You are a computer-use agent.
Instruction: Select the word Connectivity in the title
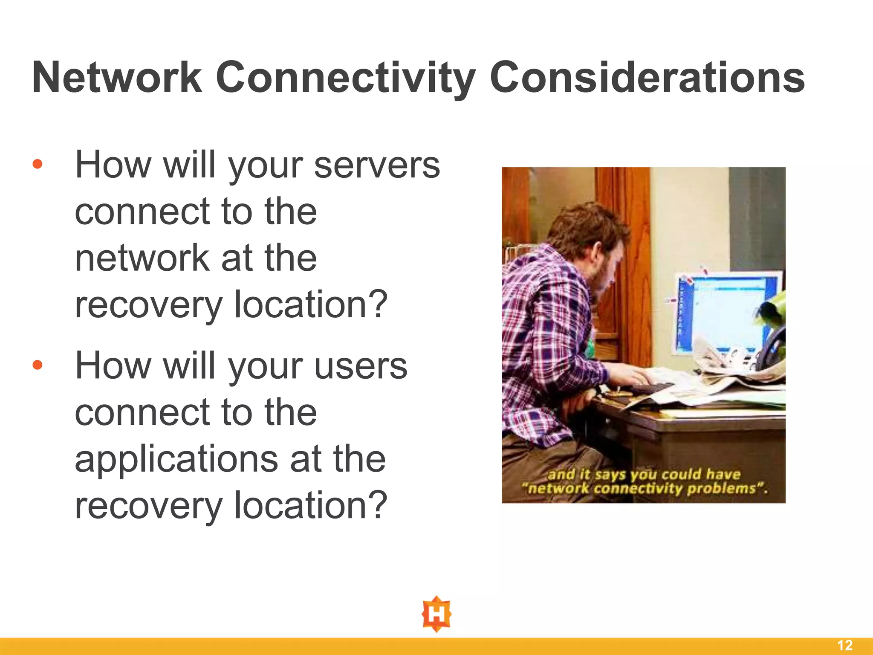(345, 78)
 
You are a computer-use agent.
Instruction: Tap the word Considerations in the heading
(647, 78)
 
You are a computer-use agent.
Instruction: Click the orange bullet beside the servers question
(38, 164)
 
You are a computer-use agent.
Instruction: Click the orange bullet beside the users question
(38, 365)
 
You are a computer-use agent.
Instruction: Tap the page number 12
(845, 645)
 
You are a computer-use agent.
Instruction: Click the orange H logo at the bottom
(436, 614)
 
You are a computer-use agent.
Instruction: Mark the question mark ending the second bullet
(377, 505)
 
